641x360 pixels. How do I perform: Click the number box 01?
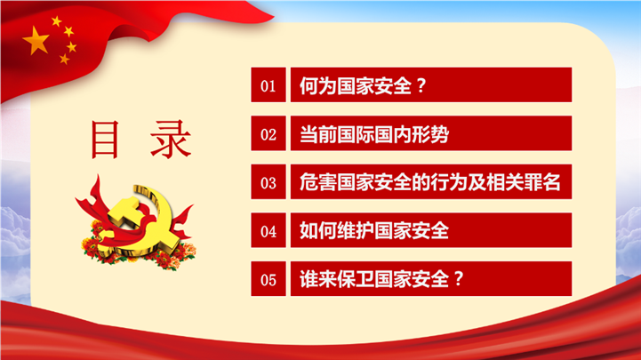click(x=268, y=84)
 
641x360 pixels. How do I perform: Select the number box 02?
click(x=268, y=133)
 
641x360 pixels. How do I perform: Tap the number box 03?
click(x=268, y=182)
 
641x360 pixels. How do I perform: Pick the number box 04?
click(x=268, y=230)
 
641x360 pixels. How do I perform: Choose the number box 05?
click(x=268, y=279)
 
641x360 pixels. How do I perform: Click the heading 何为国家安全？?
click(x=363, y=86)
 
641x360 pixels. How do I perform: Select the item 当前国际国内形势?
click(x=374, y=134)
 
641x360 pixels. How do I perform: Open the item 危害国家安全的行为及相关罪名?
click(x=430, y=182)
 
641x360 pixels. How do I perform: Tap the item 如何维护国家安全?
click(x=374, y=231)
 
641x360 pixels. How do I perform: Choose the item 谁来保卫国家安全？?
click(x=381, y=279)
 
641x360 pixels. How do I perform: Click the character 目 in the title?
click(x=105, y=140)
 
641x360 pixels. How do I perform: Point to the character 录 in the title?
click(x=171, y=140)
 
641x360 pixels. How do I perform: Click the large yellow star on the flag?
click(x=36, y=41)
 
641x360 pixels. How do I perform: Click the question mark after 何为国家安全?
click(x=421, y=86)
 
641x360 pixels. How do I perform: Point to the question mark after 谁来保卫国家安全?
click(x=459, y=279)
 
